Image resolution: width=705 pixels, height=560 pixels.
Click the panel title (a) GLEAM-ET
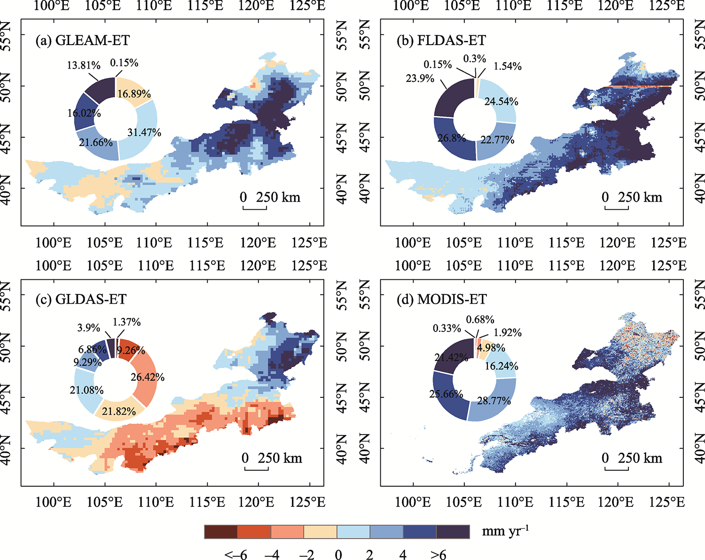(x=82, y=40)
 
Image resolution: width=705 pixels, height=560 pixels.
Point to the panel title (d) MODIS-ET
(x=441, y=300)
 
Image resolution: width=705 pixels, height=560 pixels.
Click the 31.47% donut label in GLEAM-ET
(x=144, y=133)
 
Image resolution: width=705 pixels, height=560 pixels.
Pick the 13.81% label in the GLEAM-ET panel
(x=84, y=65)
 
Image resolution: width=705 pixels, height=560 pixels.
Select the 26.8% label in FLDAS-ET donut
(x=452, y=138)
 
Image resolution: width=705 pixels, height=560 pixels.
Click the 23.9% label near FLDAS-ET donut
(x=420, y=79)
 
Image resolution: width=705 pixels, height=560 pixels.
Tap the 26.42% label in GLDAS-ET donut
(x=148, y=377)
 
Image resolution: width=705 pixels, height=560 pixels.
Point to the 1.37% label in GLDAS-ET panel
(x=126, y=322)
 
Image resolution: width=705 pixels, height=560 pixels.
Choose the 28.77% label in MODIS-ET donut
(x=494, y=401)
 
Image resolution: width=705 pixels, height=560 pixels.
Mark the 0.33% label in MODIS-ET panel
(x=446, y=328)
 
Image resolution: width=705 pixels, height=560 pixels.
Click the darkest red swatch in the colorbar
(x=221, y=532)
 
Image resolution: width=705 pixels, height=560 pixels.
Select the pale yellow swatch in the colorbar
(x=321, y=532)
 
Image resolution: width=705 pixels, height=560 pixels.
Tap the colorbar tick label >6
(x=438, y=555)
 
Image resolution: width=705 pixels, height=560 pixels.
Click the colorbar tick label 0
(x=338, y=555)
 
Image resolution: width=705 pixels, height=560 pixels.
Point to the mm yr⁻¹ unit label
(x=505, y=531)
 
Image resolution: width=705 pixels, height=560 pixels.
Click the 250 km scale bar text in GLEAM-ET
(x=278, y=197)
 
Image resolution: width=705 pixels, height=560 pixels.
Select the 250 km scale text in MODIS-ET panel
(x=640, y=457)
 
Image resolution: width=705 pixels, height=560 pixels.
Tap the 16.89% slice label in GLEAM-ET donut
(x=134, y=94)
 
